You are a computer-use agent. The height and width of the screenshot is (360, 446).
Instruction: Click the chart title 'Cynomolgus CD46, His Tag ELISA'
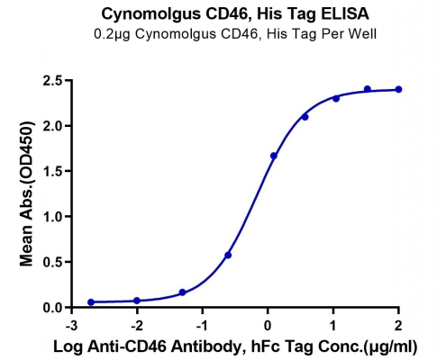235,14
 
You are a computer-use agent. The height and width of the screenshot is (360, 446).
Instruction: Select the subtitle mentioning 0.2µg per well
235,34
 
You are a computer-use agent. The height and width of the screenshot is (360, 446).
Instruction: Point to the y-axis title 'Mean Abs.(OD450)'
26,193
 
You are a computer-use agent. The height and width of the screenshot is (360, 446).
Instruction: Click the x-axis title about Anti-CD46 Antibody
235,346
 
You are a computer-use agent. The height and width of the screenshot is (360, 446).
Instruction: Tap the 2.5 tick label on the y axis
52,81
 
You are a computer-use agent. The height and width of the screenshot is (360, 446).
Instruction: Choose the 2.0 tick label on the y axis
52,126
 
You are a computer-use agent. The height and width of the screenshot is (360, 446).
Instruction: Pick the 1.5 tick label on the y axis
52,172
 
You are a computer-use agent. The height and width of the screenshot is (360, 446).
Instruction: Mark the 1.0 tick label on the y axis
52,217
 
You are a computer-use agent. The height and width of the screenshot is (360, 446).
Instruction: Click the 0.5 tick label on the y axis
52,262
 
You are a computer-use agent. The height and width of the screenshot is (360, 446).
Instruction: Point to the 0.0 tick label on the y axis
52,308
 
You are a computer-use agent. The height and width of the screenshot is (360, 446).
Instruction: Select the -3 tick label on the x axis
71,326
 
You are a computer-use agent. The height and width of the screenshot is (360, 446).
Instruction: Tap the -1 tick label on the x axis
202,326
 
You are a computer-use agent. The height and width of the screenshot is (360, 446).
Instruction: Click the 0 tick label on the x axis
268,326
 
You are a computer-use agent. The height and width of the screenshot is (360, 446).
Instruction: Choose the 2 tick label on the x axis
398,326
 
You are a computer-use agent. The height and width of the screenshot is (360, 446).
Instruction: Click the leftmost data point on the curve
91,302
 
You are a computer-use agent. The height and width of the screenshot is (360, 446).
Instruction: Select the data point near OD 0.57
228,256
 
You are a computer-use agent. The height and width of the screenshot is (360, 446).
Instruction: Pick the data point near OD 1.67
274,156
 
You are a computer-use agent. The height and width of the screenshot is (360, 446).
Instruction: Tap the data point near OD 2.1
305,117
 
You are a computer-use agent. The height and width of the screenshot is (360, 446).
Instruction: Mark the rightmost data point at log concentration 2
398,89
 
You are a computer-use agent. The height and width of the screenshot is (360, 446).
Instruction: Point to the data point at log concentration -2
137,301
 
